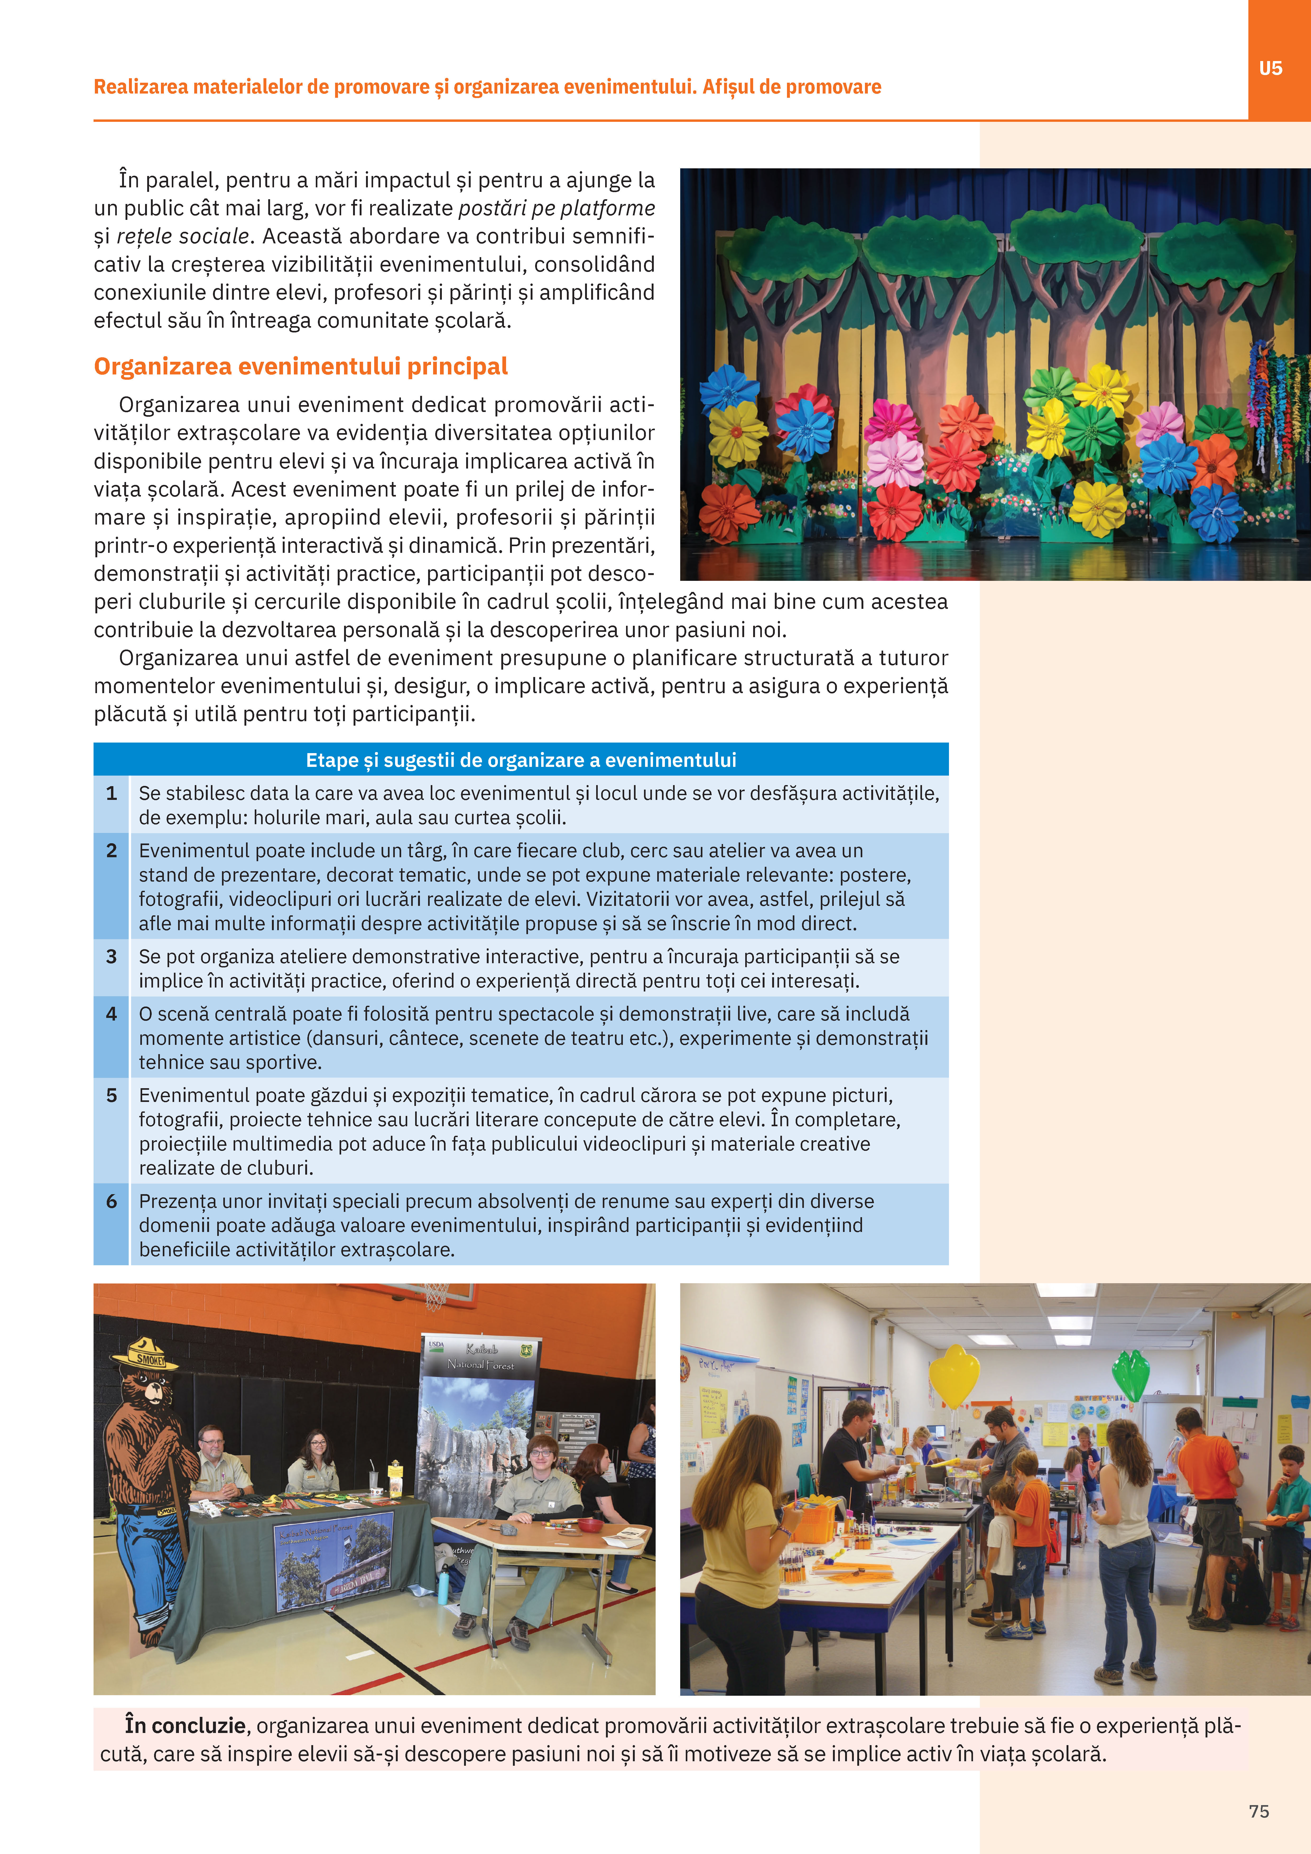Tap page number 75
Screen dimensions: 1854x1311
tap(1258, 1811)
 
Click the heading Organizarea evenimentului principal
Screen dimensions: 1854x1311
tap(300, 367)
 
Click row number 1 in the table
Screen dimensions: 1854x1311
tap(112, 793)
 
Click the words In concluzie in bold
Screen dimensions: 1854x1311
tap(185, 1726)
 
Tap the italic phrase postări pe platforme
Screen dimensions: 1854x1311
tap(557, 208)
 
